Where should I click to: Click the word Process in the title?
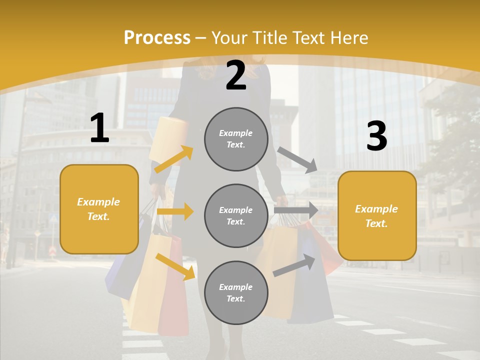(x=157, y=37)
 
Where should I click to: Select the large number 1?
(x=99, y=128)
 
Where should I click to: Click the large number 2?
(x=236, y=75)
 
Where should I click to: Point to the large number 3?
(x=377, y=136)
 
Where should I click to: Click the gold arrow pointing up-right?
(x=174, y=159)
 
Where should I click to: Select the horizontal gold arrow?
(x=175, y=211)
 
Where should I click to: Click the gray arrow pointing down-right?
(x=297, y=160)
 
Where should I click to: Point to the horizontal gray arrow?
(x=295, y=210)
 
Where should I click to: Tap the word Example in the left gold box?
(x=98, y=202)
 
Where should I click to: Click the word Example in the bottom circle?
(x=236, y=287)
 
